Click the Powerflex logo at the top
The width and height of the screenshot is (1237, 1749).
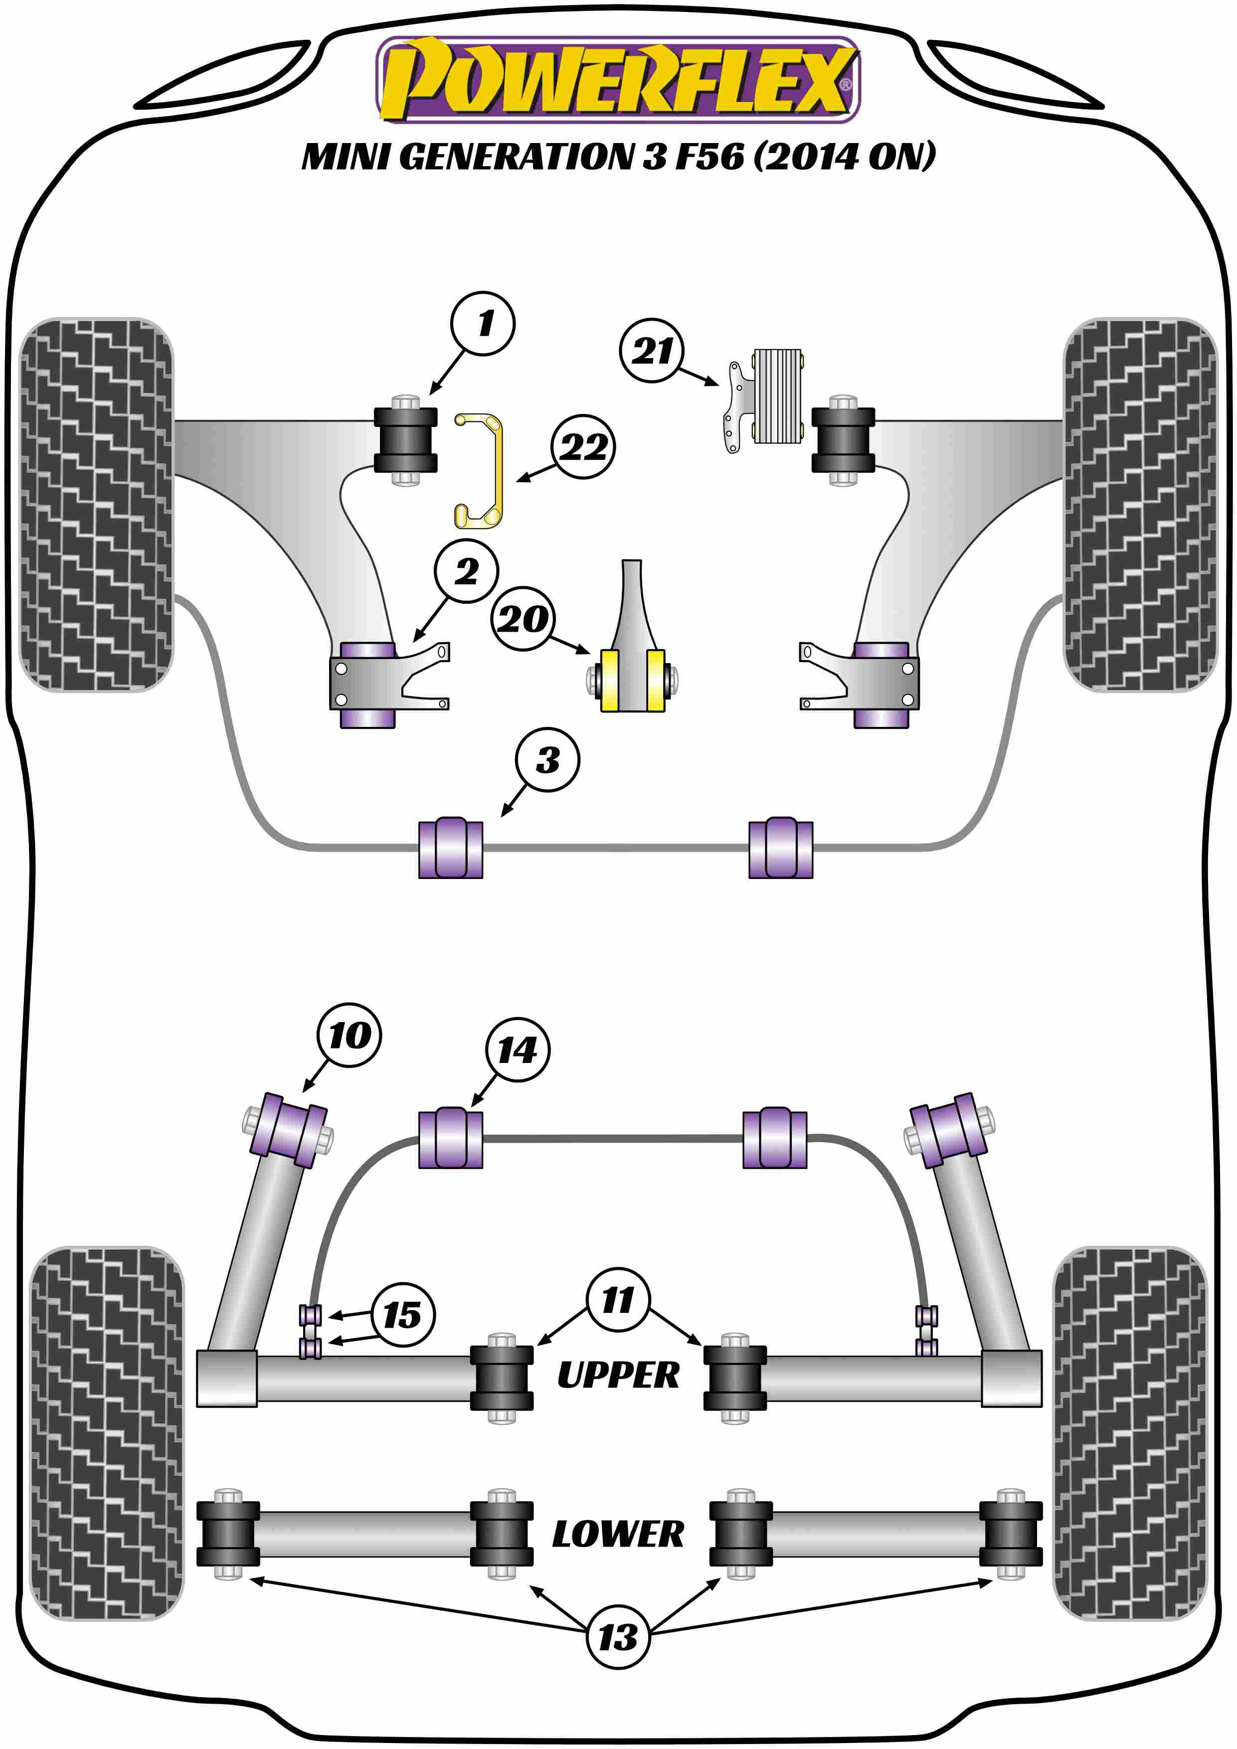(x=618, y=79)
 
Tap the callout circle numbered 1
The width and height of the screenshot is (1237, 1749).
(x=483, y=324)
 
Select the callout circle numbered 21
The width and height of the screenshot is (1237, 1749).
(x=652, y=350)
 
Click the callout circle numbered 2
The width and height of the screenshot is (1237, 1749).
(x=466, y=571)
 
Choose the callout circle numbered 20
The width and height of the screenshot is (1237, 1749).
(x=524, y=619)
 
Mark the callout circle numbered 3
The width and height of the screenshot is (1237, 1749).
(x=547, y=759)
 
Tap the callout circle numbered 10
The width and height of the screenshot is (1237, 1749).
(x=349, y=1035)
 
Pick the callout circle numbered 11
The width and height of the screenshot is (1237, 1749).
(x=618, y=1300)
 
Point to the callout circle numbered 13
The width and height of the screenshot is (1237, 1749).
(x=618, y=1637)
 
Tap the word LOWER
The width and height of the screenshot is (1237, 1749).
(x=618, y=1534)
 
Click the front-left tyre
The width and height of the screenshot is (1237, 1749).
(x=96, y=504)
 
